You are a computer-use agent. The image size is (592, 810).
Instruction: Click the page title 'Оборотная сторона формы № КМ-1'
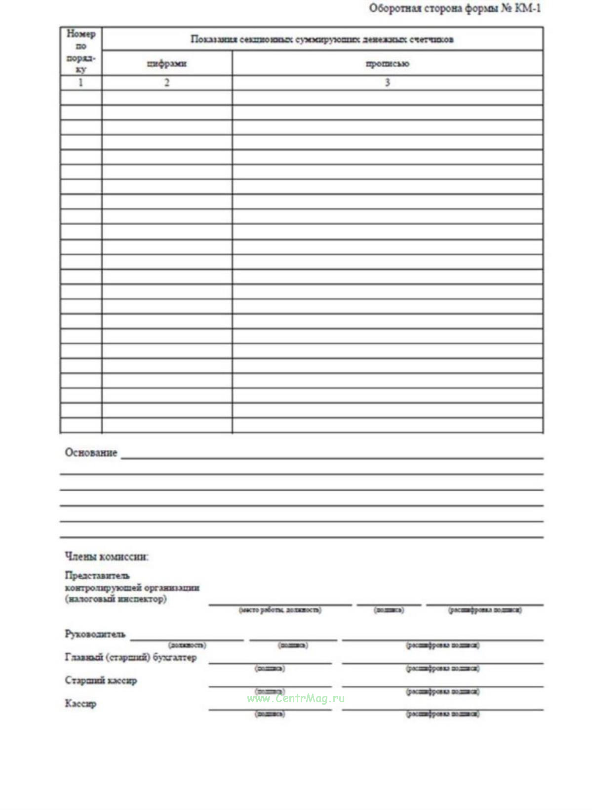(455, 8)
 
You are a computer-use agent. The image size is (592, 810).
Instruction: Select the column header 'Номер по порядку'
(81, 51)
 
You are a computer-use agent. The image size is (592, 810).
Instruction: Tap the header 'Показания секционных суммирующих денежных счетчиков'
(322, 40)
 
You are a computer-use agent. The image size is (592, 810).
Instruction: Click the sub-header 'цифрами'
(167, 64)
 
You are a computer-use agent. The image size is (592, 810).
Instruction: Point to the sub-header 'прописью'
(387, 64)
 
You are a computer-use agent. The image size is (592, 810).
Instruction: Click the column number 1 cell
(81, 83)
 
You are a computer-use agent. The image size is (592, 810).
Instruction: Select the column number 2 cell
(167, 83)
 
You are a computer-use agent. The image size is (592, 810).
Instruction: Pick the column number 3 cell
(387, 83)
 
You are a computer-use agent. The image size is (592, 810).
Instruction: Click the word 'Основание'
(91, 453)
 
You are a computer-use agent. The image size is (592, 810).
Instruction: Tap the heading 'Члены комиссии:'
(107, 556)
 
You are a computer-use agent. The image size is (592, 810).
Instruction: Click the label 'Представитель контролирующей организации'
(132, 582)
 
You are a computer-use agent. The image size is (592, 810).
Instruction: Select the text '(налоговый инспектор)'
(116, 599)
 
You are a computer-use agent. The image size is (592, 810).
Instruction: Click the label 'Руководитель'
(95, 634)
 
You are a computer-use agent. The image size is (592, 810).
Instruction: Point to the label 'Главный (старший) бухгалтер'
(131, 657)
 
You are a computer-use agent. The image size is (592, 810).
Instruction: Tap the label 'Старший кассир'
(101, 681)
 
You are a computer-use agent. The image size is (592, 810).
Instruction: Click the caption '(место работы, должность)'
(280, 610)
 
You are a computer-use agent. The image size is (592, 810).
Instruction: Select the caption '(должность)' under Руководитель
(187, 645)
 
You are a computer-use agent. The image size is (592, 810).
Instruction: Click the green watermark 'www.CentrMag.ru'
(296, 698)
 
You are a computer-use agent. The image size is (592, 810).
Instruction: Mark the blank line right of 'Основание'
(332, 458)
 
